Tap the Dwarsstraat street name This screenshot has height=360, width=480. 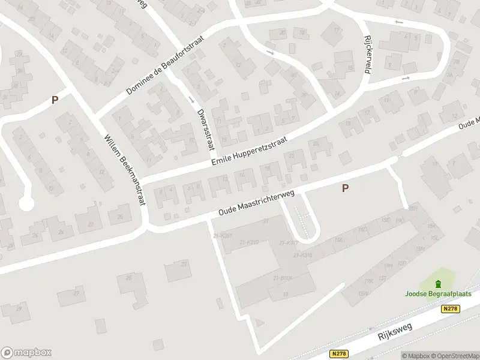[x=205, y=124]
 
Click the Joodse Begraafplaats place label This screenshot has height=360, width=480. [x=438, y=294]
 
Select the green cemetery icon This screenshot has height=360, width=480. [x=438, y=283]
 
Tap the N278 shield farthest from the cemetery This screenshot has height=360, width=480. [x=339, y=355]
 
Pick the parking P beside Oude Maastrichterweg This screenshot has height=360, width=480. [x=345, y=188]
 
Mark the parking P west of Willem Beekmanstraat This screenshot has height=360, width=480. [x=55, y=100]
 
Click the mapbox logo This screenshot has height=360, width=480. [x=26, y=352]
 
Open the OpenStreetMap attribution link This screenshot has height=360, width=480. [x=454, y=356]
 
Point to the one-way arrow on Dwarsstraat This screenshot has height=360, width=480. [x=191, y=98]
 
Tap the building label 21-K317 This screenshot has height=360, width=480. [x=289, y=242]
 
